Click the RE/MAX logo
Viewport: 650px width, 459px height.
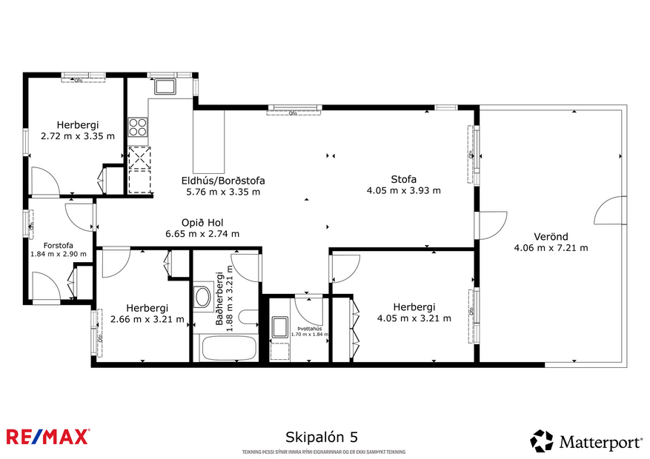48,437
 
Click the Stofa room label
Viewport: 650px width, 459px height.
403,179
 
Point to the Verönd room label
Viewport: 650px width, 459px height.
550,237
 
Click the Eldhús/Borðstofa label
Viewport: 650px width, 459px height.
223,181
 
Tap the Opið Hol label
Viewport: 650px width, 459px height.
202,222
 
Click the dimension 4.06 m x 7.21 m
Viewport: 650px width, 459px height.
551,248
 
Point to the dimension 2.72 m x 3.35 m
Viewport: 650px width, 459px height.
78,136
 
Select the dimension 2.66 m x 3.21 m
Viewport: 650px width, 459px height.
147,319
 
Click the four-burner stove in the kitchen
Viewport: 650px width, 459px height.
138,127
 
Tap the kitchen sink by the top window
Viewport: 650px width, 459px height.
164,87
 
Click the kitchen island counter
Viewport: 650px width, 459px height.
208,141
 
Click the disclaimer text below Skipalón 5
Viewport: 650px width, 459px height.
324,452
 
